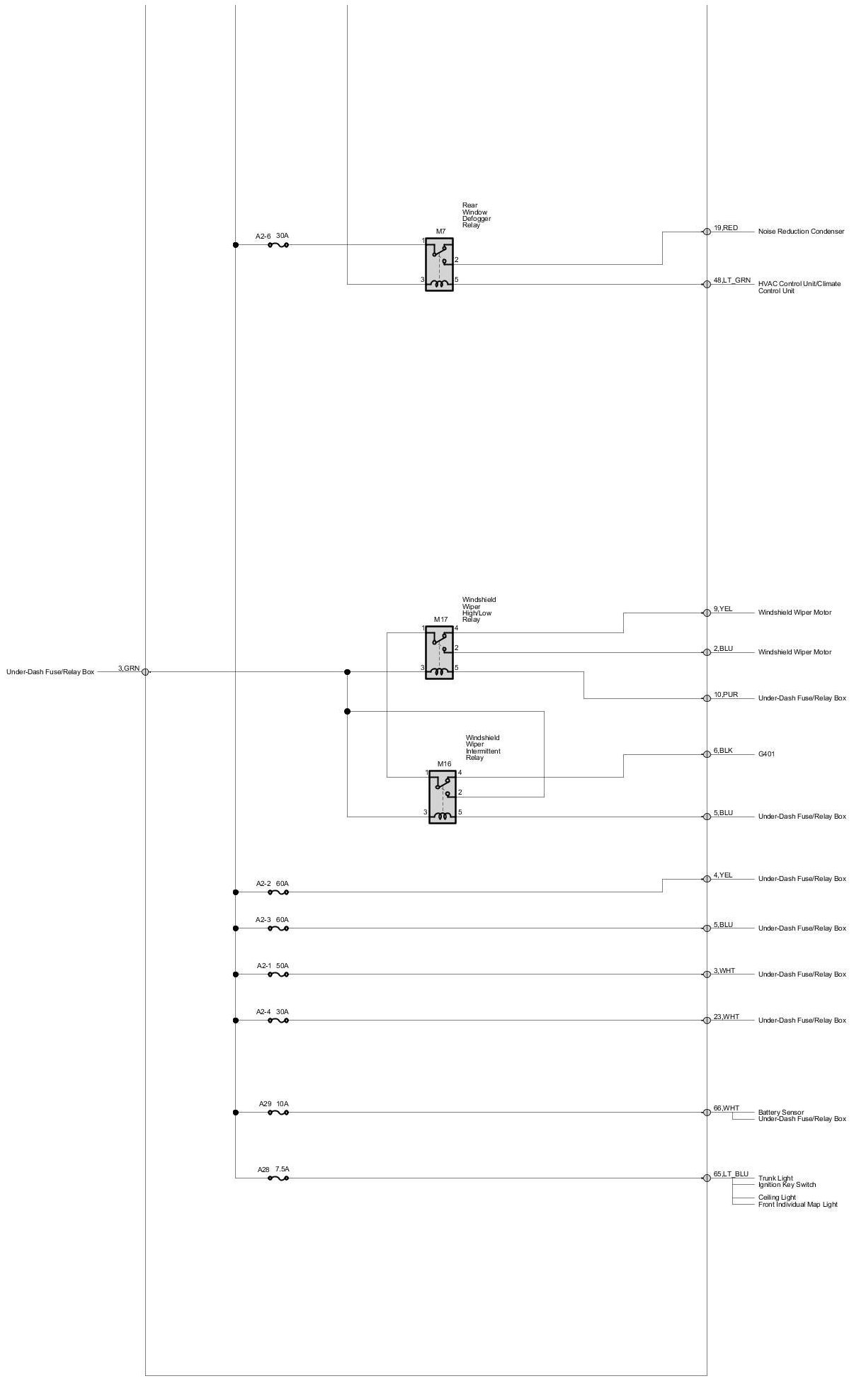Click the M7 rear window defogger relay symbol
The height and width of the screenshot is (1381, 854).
click(x=439, y=264)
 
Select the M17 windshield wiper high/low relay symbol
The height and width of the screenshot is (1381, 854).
click(x=439, y=652)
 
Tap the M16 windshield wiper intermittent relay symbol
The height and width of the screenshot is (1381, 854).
click(x=443, y=797)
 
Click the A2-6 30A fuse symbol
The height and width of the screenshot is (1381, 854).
click(x=278, y=245)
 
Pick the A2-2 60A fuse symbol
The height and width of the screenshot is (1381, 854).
click(x=278, y=892)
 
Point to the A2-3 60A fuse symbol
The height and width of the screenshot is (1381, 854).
click(x=278, y=928)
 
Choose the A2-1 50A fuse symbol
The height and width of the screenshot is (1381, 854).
click(x=278, y=974)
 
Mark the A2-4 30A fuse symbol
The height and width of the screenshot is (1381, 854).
click(x=278, y=1021)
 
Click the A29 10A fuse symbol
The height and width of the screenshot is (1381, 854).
click(x=278, y=1113)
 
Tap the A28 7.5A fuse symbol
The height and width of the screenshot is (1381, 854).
click(x=278, y=1178)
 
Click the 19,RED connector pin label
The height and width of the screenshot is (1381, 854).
click(x=726, y=228)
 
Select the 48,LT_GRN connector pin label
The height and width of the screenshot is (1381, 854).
click(x=731, y=280)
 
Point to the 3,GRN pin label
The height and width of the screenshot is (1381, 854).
click(x=129, y=669)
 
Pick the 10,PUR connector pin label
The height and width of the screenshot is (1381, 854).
click(x=726, y=695)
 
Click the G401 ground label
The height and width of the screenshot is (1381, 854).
click(x=766, y=754)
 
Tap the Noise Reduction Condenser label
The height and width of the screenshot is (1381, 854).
click(x=801, y=232)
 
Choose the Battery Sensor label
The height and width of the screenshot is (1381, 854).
click(x=780, y=1113)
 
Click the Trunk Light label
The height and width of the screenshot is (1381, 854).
click(x=775, y=1178)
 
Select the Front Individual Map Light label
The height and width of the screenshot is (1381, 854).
click(x=797, y=1205)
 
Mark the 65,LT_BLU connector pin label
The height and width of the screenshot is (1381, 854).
click(x=731, y=1174)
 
